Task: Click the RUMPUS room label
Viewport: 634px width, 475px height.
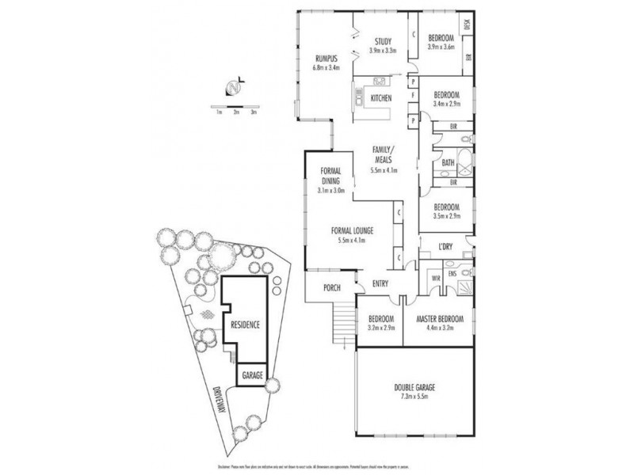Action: point(327,57)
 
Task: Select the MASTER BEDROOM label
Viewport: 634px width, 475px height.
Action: point(439,318)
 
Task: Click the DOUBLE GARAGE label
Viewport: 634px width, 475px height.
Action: point(414,387)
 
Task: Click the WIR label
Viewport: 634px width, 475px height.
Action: point(434,278)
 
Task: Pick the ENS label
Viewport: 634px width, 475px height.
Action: point(452,274)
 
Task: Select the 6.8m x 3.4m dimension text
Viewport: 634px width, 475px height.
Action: point(327,66)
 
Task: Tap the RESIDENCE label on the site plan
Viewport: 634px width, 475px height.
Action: point(245,325)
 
